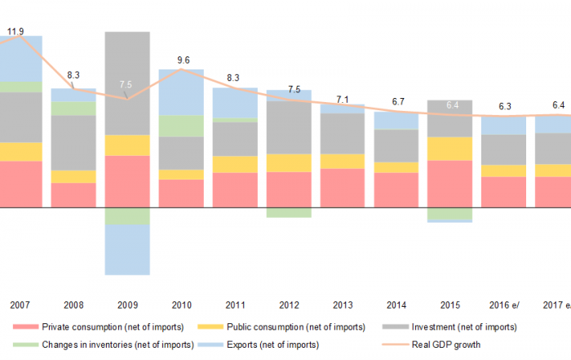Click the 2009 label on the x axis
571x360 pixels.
(127, 305)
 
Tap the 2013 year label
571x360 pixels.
(343, 305)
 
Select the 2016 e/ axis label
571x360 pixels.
(504, 305)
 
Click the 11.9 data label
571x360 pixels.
(15, 33)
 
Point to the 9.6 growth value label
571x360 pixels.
(183, 60)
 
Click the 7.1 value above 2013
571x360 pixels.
(343, 100)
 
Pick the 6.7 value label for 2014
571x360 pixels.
(397, 102)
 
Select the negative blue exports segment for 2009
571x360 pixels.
(127, 250)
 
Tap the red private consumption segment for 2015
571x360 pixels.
(449, 184)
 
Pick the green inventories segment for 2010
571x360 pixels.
(181, 126)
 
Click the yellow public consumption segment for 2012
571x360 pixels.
(289, 162)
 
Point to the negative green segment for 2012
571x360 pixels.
(289, 212)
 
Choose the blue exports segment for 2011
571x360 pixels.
(235, 103)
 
